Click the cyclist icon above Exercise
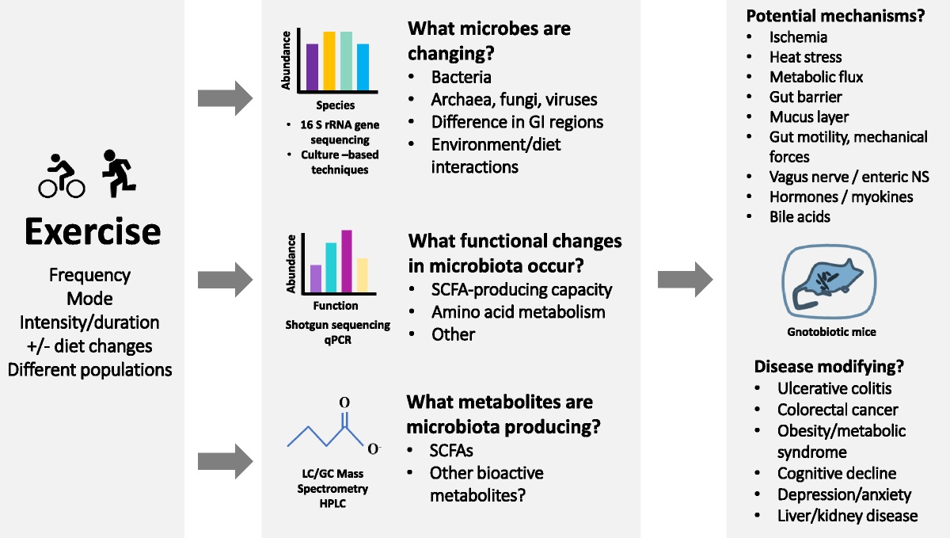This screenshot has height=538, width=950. pos(61,176)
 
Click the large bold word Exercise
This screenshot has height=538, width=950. pos(93,232)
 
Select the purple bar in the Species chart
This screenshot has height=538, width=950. pos(312,67)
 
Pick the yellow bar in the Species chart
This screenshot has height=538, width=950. pos(329,62)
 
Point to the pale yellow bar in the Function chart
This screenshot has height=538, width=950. pos(362,276)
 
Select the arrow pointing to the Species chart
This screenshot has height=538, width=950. pos(225,98)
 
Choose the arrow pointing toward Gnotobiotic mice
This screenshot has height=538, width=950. pos(685,278)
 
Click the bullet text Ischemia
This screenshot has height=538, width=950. pos(798,37)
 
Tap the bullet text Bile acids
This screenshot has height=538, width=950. pos(800,216)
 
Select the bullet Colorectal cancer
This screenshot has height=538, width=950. pos(837,410)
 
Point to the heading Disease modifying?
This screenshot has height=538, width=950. pos(829,367)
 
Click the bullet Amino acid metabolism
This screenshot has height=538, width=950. pos(518,312)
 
